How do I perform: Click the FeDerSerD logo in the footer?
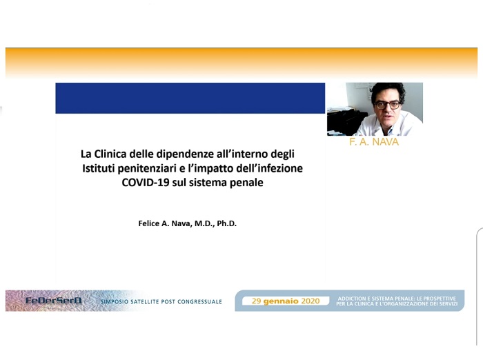tap(53, 301)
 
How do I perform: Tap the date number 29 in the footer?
tap(256, 301)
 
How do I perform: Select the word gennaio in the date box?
tap(281, 301)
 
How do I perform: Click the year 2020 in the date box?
tap(310, 301)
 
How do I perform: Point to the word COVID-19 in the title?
tap(146, 182)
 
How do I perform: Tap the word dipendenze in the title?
tap(181, 154)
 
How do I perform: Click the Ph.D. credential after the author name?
tap(227, 223)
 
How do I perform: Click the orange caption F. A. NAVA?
tap(374, 142)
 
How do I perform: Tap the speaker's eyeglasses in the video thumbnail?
tap(388, 105)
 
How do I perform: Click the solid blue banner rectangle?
tap(190, 98)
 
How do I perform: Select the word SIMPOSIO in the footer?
tap(115, 302)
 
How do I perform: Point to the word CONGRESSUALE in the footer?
tap(199, 302)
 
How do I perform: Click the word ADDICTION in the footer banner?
tap(351, 299)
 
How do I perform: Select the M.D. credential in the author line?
tap(204, 223)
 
